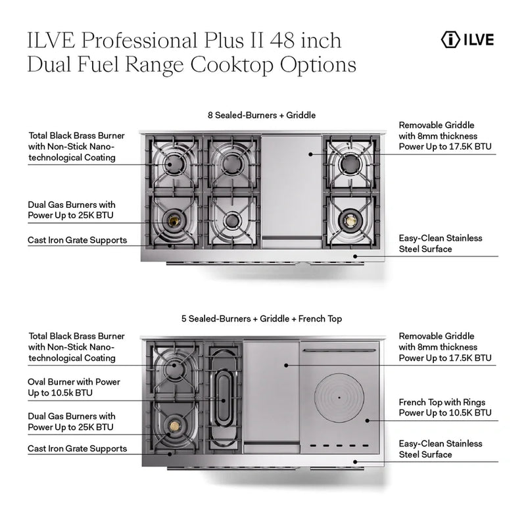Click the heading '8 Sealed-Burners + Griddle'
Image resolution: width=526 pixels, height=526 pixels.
pyautogui.click(x=262, y=115)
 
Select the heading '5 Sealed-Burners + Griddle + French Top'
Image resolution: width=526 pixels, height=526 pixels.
pyautogui.click(x=262, y=319)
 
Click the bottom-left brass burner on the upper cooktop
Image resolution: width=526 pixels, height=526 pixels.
pyautogui.click(x=174, y=220)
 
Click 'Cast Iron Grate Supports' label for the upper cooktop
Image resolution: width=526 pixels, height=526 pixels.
pyautogui.click(x=78, y=240)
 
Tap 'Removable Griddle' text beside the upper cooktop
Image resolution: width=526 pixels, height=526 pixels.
pyautogui.click(x=437, y=124)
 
